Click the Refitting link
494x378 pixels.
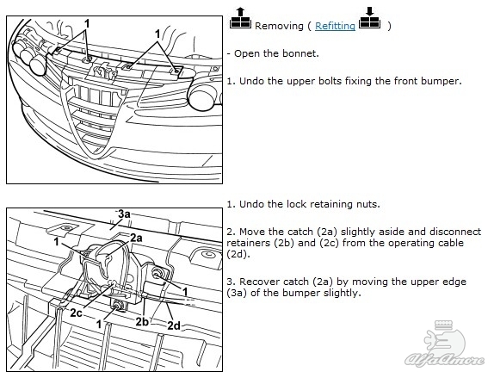click(335, 26)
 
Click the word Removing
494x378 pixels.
click(279, 26)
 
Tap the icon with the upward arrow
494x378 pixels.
click(240, 18)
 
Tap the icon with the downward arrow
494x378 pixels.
click(369, 18)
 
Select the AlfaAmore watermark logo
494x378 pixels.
click(444, 344)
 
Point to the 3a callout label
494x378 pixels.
click(124, 214)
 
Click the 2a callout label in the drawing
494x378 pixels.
click(137, 238)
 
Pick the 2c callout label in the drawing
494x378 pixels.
click(77, 313)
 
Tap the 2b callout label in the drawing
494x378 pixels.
click(142, 321)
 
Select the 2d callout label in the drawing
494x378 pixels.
click(174, 325)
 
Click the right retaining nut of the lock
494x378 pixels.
click(157, 273)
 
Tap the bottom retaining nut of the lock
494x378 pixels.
click(119, 305)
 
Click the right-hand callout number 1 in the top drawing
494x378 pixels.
click(157, 34)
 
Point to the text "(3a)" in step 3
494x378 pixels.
click(236, 293)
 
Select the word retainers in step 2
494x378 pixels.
click(247, 243)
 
